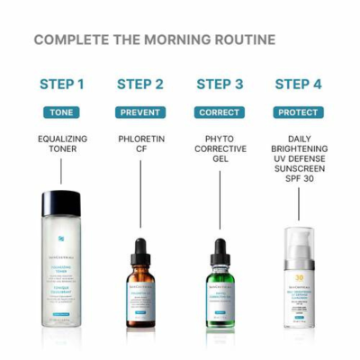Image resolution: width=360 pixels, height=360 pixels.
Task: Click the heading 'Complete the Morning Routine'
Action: [154, 40]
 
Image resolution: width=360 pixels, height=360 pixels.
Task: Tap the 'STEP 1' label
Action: [62, 85]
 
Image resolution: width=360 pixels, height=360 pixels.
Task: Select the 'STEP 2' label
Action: [140, 85]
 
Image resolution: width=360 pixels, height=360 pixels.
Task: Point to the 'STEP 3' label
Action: [220, 85]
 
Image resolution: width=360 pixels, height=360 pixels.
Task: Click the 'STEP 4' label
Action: [298, 85]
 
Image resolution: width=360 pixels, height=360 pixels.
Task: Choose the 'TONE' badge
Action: [62, 112]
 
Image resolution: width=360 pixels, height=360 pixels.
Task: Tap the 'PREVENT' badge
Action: [140, 112]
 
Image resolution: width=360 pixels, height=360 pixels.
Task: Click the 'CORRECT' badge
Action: [220, 112]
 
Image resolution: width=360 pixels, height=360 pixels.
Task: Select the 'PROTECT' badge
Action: [298, 112]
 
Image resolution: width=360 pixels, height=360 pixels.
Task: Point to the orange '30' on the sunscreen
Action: [299, 278]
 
